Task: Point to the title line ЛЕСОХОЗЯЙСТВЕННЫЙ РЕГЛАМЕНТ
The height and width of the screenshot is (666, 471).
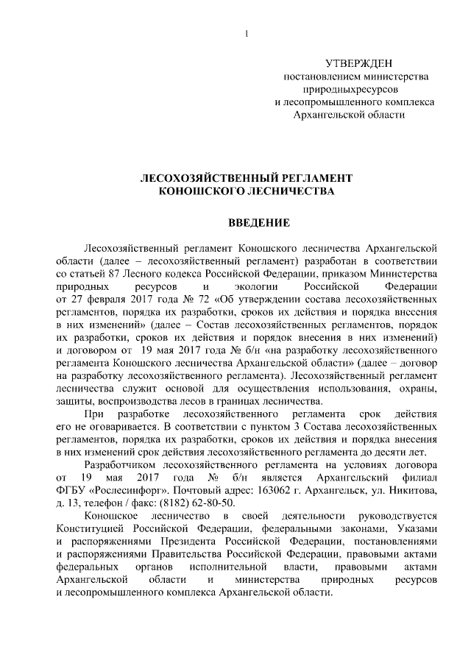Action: click(x=247, y=178)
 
